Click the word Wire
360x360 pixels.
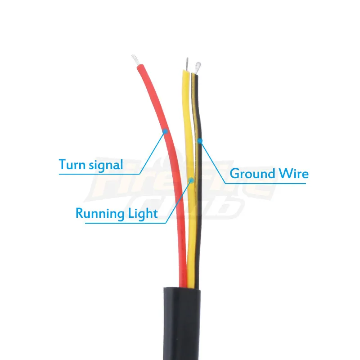[293, 174]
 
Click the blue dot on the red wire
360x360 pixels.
[165, 132]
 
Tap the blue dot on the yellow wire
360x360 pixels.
[191, 181]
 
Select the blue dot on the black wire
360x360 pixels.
[200, 141]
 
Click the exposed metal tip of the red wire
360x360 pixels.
[134, 58]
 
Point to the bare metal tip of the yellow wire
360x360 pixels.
[185, 63]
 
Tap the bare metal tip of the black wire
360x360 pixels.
[196, 67]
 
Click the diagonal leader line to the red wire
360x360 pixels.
[152, 153]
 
